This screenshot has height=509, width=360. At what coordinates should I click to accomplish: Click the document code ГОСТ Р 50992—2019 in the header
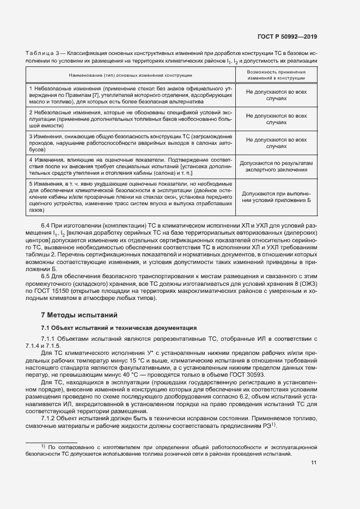[x=287, y=37]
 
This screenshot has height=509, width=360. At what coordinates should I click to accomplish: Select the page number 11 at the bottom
[x=314, y=463]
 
